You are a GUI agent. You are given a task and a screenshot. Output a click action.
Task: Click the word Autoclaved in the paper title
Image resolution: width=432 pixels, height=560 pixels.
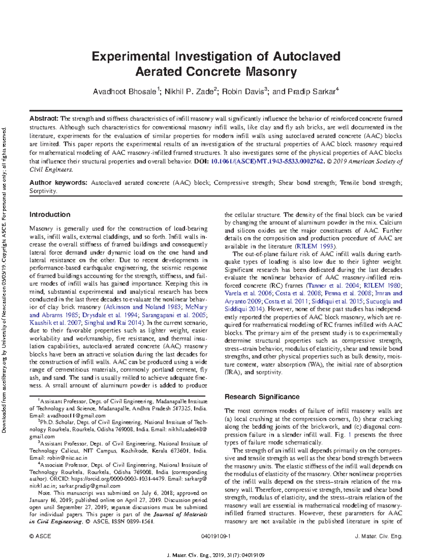point(306,57)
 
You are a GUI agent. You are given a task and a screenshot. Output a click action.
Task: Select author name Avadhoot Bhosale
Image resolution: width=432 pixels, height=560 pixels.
point(124,92)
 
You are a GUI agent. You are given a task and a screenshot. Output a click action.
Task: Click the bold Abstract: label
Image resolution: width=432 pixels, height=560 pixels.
point(44,119)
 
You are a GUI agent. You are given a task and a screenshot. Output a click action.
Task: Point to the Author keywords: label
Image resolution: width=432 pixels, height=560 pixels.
point(58,183)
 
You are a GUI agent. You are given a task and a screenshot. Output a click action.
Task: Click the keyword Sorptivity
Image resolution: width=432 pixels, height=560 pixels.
point(43,191)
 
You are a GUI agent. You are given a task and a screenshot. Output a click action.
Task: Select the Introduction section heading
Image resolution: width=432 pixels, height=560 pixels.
point(50,215)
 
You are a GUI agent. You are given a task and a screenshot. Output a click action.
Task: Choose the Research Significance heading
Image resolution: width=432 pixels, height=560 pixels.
point(262,397)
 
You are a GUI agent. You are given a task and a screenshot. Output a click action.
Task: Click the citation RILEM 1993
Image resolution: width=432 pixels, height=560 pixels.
point(315,246)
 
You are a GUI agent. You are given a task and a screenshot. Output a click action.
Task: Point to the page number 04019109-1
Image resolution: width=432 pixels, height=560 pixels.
point(216,536)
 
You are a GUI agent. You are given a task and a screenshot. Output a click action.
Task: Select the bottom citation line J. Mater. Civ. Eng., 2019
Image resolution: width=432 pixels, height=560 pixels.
point(216,555)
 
